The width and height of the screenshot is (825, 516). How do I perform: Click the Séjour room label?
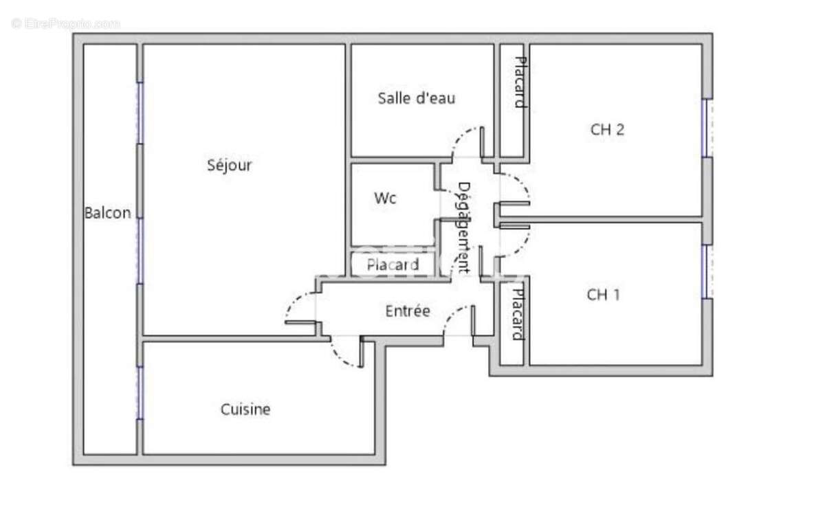(x=230, y=166)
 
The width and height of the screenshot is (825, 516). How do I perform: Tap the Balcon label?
(x=107, y=213)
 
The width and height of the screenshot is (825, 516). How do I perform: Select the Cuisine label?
(x=245, y=410)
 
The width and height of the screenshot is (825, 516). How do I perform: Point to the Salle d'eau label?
(x=417, y=98)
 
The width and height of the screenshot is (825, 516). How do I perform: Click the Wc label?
(x=385, y=199)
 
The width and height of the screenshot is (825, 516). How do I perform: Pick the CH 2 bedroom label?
(x=607, y=129)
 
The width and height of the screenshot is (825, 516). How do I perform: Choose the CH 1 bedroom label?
(x=604, y=295)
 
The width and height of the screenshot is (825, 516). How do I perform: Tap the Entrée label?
(x=408, y=311)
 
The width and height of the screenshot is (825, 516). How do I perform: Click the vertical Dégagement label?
(x=463, y=227)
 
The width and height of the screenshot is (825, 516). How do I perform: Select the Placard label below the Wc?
(x=393, y=265)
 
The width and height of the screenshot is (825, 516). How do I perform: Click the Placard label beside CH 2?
(x=520, y=82)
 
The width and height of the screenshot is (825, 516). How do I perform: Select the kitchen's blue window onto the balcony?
(x=140, y=392)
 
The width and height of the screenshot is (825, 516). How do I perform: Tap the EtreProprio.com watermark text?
(x=66, y=24)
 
